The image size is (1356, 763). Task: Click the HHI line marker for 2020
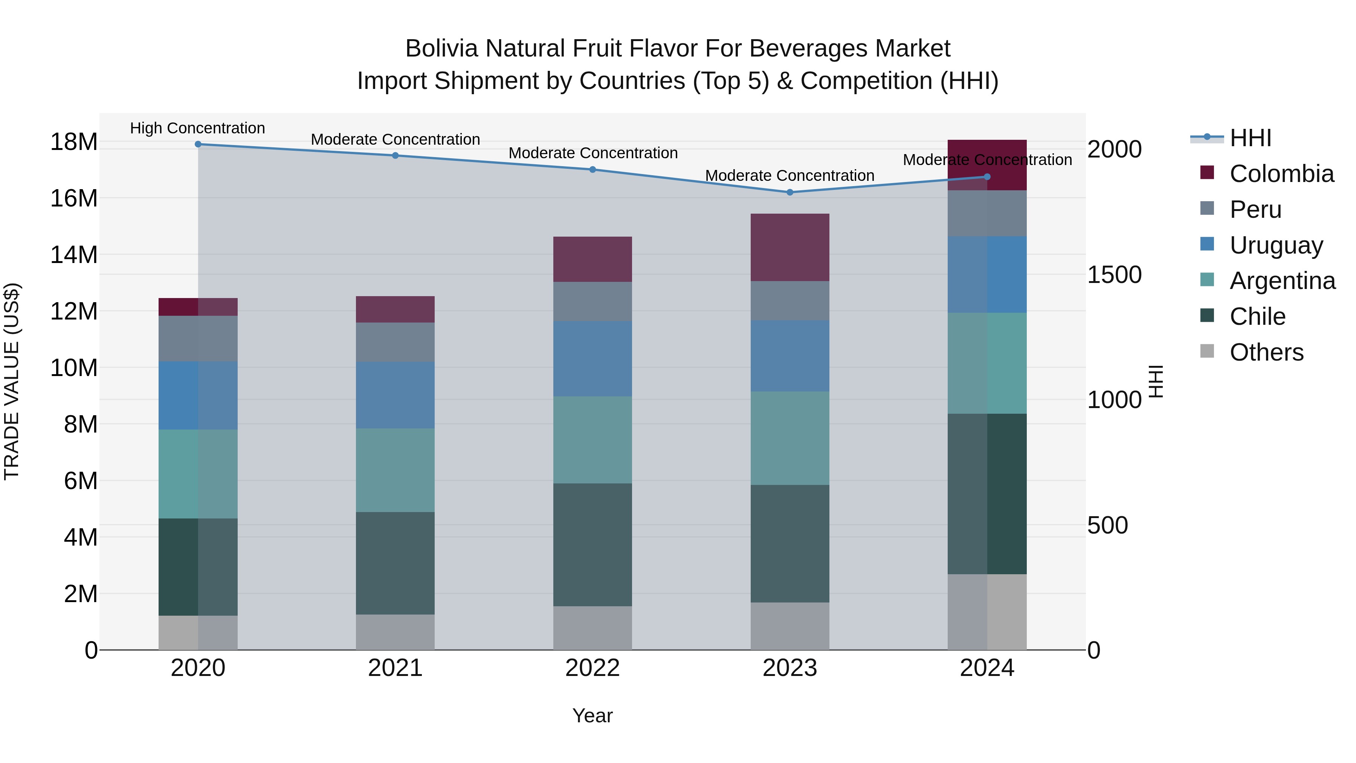[198, 144]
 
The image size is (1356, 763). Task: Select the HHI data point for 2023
[789, 193]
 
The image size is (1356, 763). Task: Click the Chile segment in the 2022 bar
[592, 544]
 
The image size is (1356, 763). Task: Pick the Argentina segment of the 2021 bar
[395, 470]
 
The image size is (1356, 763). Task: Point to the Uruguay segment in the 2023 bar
[789, 356]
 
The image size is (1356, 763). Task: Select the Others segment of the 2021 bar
[395, 632]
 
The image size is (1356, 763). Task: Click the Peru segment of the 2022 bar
[592, 302]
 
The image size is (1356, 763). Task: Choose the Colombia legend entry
[1281, 174]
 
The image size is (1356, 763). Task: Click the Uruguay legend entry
[1276, 245]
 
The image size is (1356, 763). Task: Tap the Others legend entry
[1266, 352]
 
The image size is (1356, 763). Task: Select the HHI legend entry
[1250, 138]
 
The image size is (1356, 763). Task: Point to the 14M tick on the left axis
[74, 255]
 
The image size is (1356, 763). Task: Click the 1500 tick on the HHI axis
[1115, 275]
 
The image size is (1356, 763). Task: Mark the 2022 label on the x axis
[592, 668]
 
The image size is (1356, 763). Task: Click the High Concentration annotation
[197, 128]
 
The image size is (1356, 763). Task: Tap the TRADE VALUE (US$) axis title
[12, 381]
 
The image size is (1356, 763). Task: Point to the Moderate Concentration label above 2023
[789, 176]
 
